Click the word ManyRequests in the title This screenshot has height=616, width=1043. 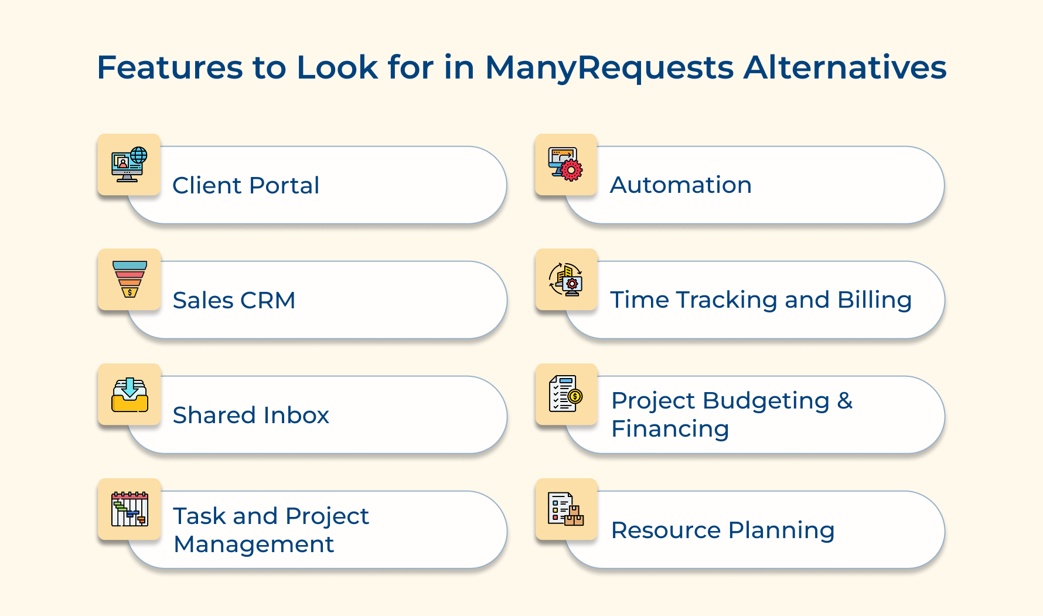click(609, 68)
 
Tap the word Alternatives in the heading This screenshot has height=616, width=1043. click(844, 67)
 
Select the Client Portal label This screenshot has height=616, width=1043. click(246, 186)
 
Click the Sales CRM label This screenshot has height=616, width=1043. click(234, 301)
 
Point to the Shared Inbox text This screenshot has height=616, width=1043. click(251, 416)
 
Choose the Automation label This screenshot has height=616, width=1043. click(680, 185)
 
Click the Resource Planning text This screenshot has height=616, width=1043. click(722, 530)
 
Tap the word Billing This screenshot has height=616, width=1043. click(874, 300)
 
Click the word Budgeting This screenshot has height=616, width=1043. click(766, 401)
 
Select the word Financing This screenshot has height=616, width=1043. click(670, 429)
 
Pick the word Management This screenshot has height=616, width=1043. click(254, 544)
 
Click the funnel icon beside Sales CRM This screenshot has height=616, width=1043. click(129, 279)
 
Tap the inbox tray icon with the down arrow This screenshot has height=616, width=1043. click(129, 394)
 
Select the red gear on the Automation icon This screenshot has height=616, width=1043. click(571, 170)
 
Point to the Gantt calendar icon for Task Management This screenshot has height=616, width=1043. click(129, 509)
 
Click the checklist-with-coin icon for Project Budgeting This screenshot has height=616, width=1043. click(565, 394)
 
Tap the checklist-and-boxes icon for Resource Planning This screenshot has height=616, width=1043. click(565, 509)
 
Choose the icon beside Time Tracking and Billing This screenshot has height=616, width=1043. click(565, 279)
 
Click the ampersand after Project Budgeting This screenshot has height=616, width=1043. click(844, 401)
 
